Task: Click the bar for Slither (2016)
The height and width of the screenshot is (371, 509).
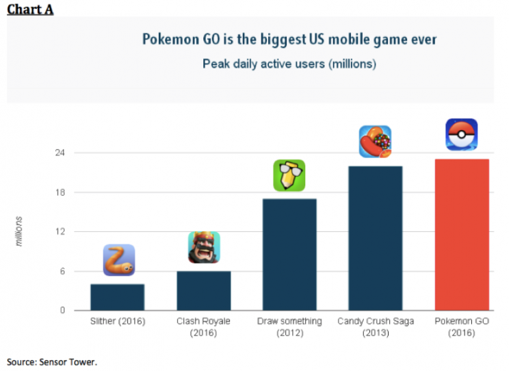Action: [x=117, y=297]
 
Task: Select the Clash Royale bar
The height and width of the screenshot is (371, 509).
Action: [x=203, y=290]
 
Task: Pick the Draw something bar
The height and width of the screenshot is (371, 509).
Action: [x=289, y=255]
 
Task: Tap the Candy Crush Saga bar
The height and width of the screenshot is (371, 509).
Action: [x=375, y=238]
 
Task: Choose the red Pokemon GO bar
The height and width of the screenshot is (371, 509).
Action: [x=461, y=235]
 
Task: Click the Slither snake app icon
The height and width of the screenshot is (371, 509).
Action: [x=118, y=260]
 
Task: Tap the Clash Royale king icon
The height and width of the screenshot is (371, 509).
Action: [x=204, y=247]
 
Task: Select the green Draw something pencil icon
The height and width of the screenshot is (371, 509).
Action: [x=289, y=175]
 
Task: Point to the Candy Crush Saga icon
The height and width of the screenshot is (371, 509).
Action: [x=375, y=142]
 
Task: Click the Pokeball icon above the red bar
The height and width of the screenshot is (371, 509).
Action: [x=461, y=135]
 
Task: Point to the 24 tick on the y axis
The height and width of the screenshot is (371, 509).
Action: [x=60, y=153]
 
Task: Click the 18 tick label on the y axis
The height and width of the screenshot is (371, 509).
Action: [x=60, y=192]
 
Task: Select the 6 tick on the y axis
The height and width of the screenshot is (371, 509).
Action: [x=62, y=271]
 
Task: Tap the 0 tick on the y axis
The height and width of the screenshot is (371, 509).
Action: [x=62, y=311]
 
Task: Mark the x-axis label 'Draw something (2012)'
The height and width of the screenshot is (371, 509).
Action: [x=289, y=327]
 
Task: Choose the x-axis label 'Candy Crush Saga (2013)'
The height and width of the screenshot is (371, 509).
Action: [x=375, y=327]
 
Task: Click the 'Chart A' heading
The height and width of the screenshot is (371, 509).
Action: [x=30, y=10]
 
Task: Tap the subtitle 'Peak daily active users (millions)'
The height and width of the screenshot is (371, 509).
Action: [x=289, y=64]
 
